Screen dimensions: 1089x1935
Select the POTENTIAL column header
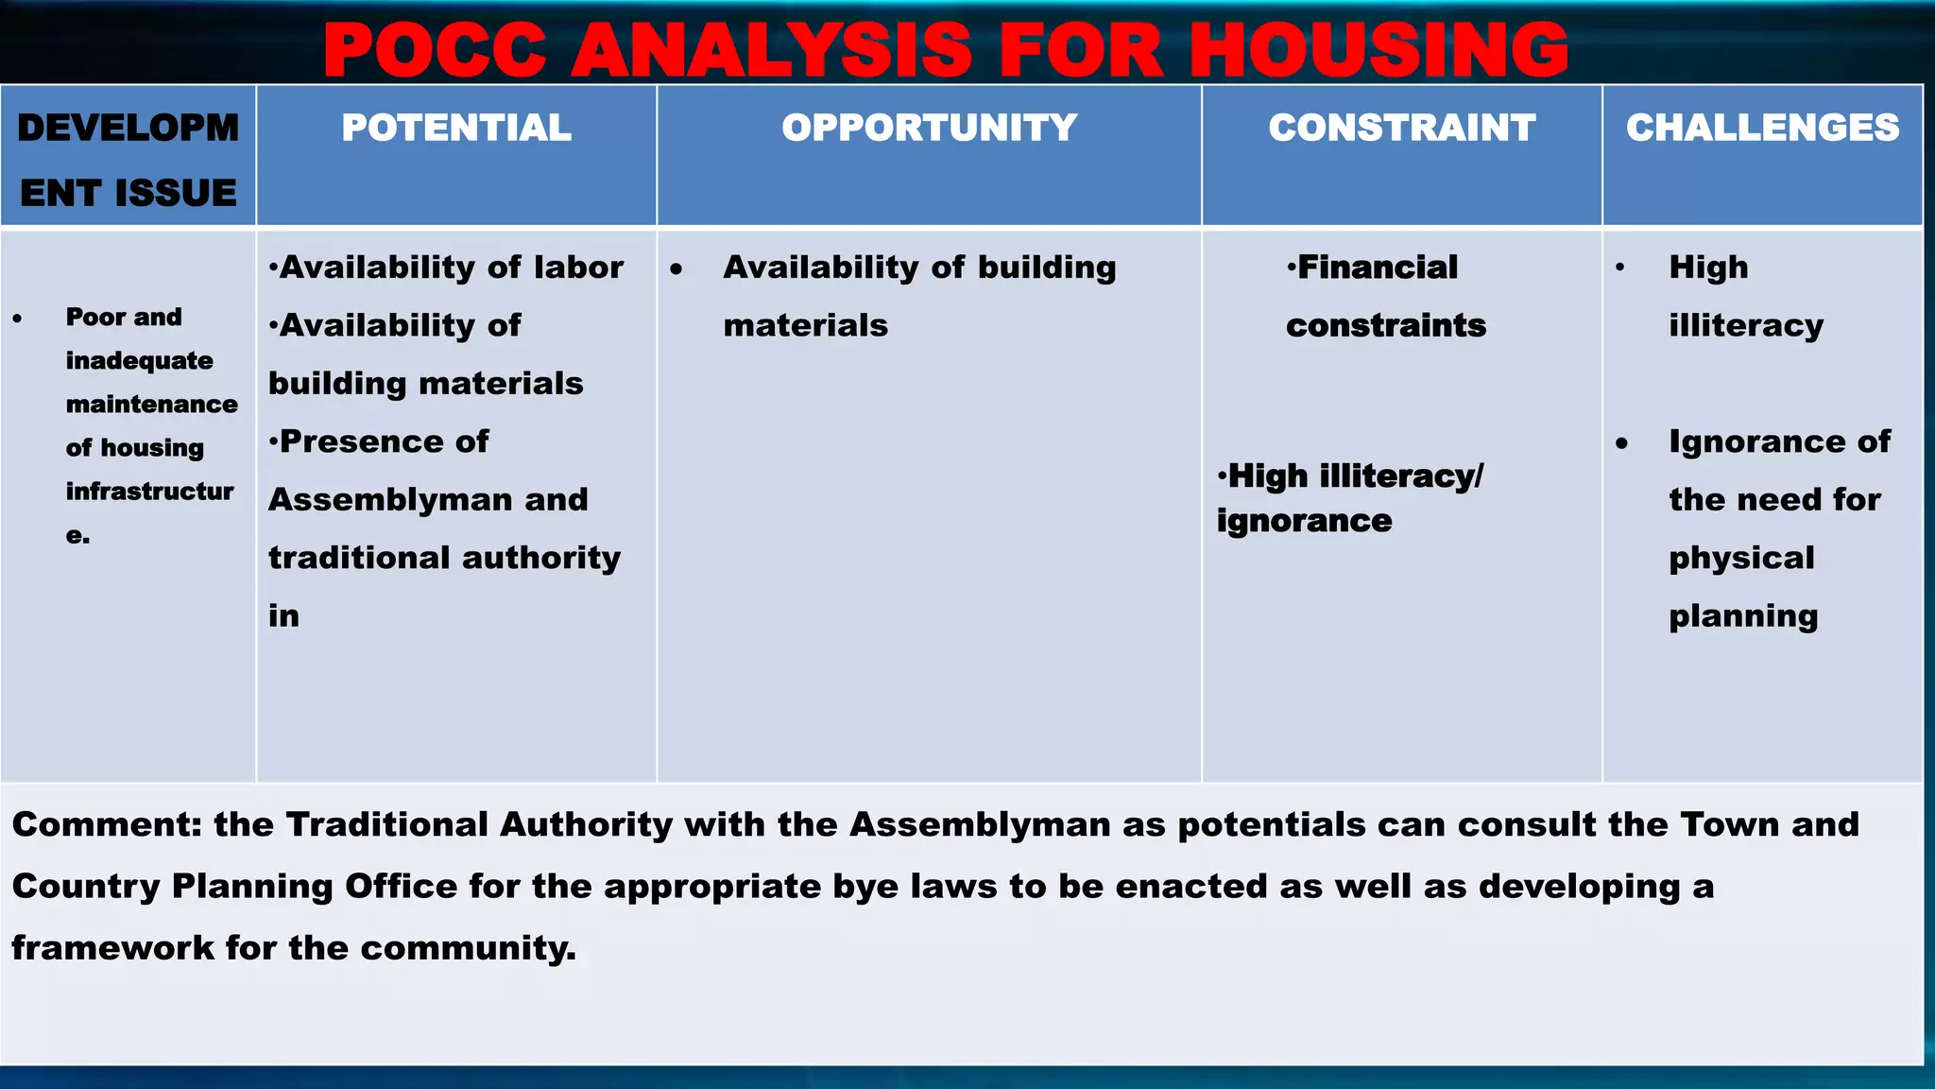click(456, 128)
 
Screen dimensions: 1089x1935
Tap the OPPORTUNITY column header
click(929, 128)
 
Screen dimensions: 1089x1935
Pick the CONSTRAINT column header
click(1401, 128)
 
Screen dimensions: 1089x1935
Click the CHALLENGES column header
click(1762, 128)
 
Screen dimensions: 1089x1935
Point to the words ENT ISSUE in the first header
click(128, 193)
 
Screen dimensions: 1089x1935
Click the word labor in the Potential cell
click(578, 268)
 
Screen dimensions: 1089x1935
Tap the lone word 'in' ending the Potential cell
click(283, 616)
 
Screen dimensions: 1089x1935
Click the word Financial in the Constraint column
click(1378, 268)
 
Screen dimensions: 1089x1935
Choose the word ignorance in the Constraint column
click(1304, 521)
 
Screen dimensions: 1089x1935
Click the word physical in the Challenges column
click(1741, 558)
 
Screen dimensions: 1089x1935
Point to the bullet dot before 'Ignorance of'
click(1622, 443)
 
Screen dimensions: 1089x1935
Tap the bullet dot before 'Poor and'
click(18, 319)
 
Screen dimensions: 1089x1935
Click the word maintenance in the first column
click(151, 405)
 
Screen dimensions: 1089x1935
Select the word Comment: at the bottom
click(107, 824)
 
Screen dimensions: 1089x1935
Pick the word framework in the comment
click(112, 948)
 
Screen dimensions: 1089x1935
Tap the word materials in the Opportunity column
click(805, 326)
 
